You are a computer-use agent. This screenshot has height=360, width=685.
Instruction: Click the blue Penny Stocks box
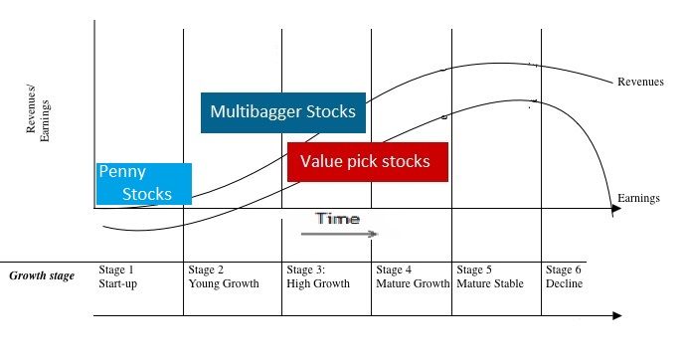[144, 184]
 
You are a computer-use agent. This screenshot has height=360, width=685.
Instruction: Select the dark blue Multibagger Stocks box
[283, 112]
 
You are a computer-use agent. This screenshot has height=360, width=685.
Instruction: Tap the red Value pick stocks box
[368, 162]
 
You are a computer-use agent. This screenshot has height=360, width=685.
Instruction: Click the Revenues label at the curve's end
[640, 82]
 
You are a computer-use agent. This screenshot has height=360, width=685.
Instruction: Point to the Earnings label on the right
[638, 198]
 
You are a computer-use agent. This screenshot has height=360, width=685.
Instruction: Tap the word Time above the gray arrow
[338, 219]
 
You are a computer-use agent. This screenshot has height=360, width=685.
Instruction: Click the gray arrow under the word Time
[339, 234]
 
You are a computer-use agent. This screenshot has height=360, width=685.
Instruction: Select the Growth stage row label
[42, 276]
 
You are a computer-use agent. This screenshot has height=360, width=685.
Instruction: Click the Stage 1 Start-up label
[118, 276]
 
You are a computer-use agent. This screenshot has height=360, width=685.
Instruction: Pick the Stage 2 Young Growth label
[224, 276]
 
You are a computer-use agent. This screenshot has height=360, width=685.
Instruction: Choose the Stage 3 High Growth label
[318, 276]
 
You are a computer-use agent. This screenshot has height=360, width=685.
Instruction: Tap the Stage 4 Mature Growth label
[413, 276]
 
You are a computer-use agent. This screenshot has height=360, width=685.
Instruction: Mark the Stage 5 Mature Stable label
[490, 276]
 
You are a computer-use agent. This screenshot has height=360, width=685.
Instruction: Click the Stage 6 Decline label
[565, 276]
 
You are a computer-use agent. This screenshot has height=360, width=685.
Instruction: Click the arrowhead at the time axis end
[616, 209]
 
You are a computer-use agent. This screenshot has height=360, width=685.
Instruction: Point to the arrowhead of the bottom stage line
[616, 315]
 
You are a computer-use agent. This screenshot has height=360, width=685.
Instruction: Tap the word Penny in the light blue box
[122, 172]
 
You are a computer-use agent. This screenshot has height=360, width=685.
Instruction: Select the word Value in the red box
[321, 161]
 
